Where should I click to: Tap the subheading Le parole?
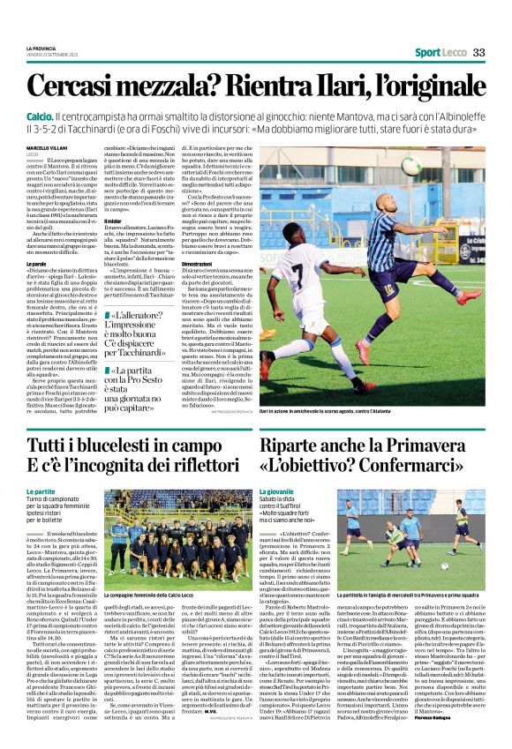pos(36,263)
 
